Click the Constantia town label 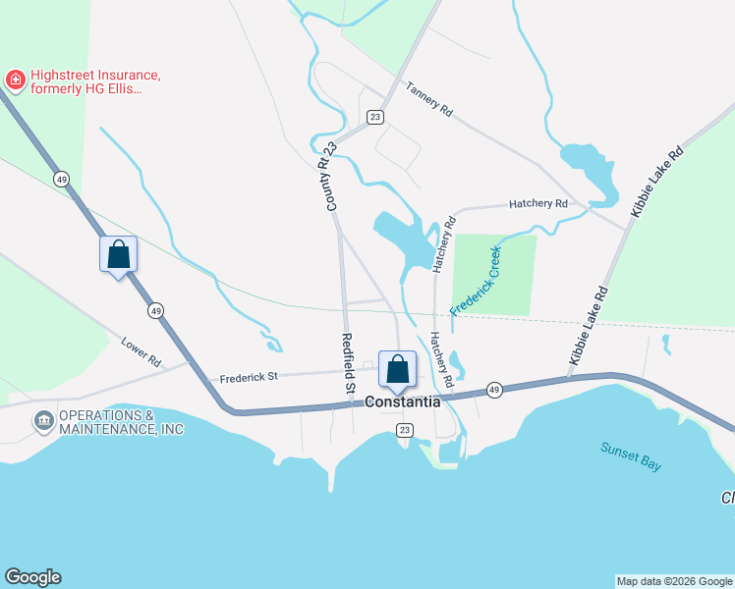click(x=403, y=402)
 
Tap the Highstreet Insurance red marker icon click(x=15, y=78)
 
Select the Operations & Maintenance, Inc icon click(x=43, y=422)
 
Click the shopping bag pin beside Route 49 click(x=118, y=255)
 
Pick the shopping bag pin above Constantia click(x=397, y=370)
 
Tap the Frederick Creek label click(x=477, y=281)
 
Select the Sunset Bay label click(x=631, y=456)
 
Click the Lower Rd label click(x=141, y=352)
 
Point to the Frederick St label click(x=250, y=376)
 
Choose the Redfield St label click(x=347, y=364)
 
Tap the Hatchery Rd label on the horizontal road click(x=538, y=204)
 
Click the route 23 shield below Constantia click(x=404, y=431)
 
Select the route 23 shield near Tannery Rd click(x=374, y=117)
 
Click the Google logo click(x=32, y=577)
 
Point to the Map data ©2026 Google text click(x=674, y=581)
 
